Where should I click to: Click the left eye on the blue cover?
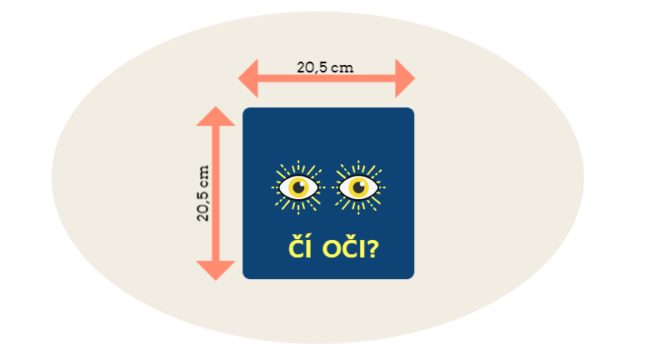pos(297,187)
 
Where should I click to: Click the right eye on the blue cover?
pos(358,187)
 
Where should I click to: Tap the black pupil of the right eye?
pos(360,187)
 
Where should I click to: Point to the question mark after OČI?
pos(371,248)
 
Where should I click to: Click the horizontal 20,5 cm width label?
pos(325,67)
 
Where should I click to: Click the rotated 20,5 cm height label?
pos(203,192)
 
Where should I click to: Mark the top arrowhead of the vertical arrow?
pos(216,116)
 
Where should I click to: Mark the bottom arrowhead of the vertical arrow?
pos(216,270)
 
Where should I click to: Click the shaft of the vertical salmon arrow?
pos(216,192)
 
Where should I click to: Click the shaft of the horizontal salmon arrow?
pos(326,80)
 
